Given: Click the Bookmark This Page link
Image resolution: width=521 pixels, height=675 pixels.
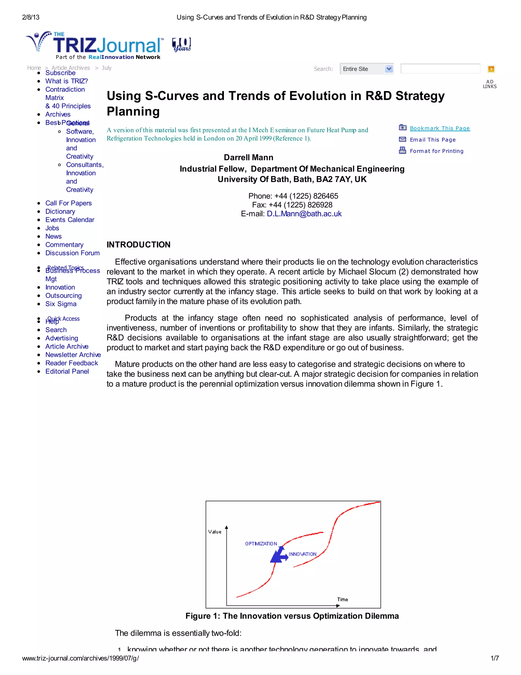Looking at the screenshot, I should [x=440, y=128].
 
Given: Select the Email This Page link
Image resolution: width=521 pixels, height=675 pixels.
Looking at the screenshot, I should [x=432, y=140].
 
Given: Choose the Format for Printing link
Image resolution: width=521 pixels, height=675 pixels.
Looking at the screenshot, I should [x=437, y=151].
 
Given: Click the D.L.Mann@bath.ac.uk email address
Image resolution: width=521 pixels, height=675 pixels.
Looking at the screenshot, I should [x=304, y=214].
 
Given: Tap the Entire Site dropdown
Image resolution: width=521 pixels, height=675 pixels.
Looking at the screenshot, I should [x=367, y=69].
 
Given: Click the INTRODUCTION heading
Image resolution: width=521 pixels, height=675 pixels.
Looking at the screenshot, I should [x=138, y=245].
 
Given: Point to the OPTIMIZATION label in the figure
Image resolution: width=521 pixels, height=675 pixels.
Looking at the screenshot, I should [x=261, y=544].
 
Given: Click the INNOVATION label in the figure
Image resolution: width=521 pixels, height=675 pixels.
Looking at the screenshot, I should [x=302, y=554].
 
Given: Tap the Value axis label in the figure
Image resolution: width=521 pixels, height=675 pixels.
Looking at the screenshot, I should [x=214, y=532].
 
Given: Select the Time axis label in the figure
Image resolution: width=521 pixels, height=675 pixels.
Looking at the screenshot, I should [x=342, y=600].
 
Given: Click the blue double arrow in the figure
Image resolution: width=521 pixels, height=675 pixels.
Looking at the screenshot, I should [x=279, y=555].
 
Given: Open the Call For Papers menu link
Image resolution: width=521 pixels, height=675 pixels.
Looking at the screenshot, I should [x=68, y=203].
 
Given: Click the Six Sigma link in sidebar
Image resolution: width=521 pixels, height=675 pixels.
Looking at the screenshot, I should [x=61, y=304].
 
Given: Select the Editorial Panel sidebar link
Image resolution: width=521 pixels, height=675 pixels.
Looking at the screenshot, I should [x=67, y=371].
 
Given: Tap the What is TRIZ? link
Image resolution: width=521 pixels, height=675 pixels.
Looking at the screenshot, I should [x=66, y=81].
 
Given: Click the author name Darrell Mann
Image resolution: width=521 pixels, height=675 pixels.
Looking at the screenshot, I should [x=249, y=158].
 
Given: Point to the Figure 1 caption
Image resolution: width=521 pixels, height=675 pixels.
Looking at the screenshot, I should [x=292, y=616].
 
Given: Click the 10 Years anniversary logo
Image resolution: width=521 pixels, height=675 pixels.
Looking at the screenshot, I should [x=181, y=45].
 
